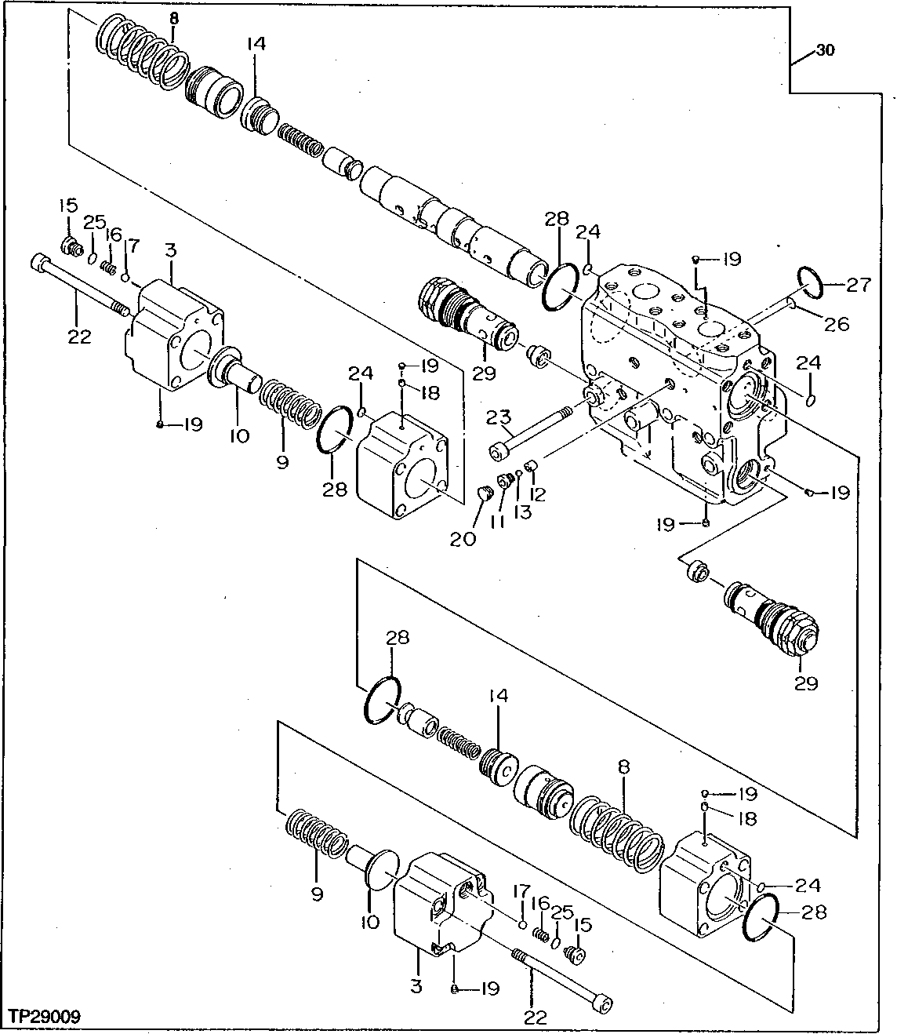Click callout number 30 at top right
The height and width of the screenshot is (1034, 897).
(x=825, y=51)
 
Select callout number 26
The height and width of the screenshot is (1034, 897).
(x=837, y=322)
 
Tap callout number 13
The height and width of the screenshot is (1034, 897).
(x=522, y=512)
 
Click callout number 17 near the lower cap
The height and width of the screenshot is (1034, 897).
(x=517, y=890)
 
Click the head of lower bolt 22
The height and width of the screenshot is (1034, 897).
(x=603, y=1003)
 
